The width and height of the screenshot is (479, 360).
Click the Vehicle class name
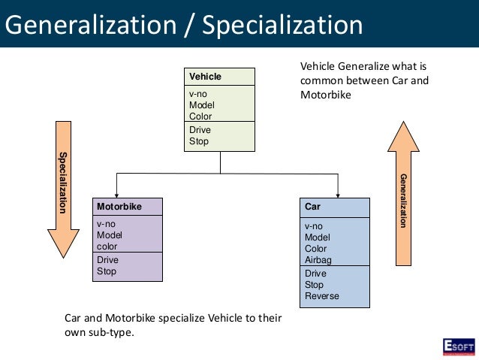coord(205,77)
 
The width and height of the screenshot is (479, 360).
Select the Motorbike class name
coord(119,206)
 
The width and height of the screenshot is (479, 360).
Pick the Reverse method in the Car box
coord(321,296)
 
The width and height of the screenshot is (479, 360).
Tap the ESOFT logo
coord(458,346)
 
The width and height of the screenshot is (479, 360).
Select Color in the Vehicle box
coord(200,116)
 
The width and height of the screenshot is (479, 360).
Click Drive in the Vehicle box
coord(199,130)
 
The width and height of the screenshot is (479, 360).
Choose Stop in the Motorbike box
coord(107,271)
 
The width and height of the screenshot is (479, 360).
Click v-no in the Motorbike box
coord(105,224)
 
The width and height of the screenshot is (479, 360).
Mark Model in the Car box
coord(317,237)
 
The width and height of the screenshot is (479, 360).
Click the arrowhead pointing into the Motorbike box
coord(116,194)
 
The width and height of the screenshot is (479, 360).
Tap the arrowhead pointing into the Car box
coord(339,194)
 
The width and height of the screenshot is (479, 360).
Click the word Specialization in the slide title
coord(284,26)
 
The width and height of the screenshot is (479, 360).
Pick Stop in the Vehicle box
coord(199,141)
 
